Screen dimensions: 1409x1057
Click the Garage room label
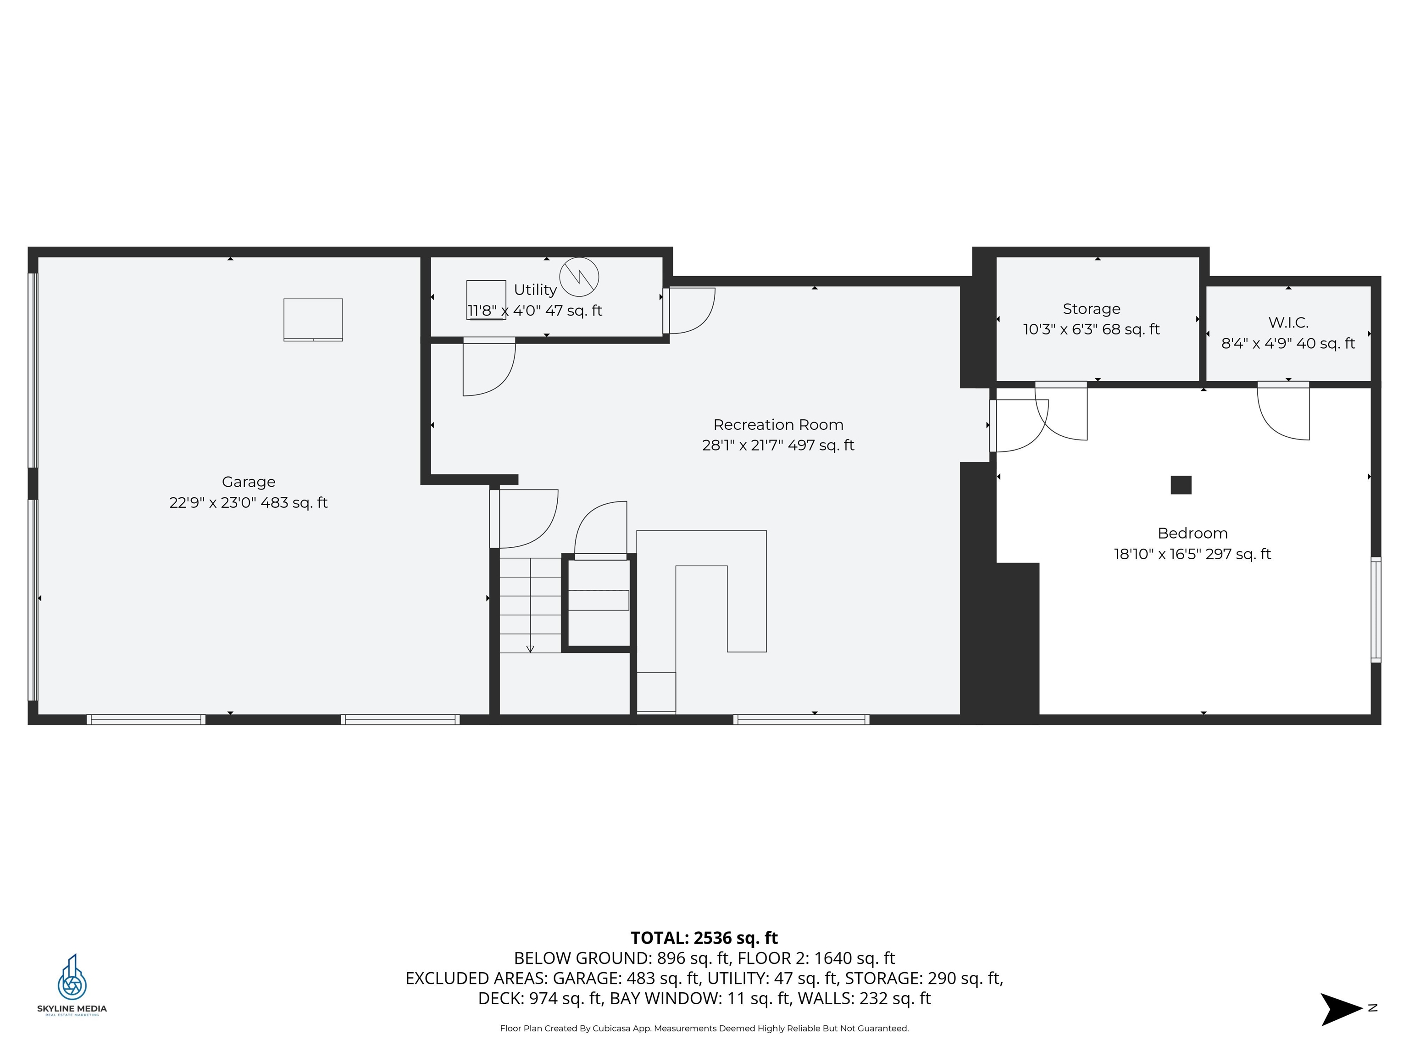click(249, 482)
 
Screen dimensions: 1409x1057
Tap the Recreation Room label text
click(778, 425)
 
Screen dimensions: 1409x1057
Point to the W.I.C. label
click(1288, 323)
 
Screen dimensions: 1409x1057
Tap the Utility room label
click(535, 290)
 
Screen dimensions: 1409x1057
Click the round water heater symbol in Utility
click(579, 277)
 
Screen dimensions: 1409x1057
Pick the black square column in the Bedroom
click(1181, 485)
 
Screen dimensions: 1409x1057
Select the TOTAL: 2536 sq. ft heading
click(704, 938)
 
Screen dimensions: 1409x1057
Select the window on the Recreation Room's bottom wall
click(801, 720)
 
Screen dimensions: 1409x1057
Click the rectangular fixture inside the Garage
click(313, 320)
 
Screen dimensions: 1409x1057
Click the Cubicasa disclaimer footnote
click(704, 1028)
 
